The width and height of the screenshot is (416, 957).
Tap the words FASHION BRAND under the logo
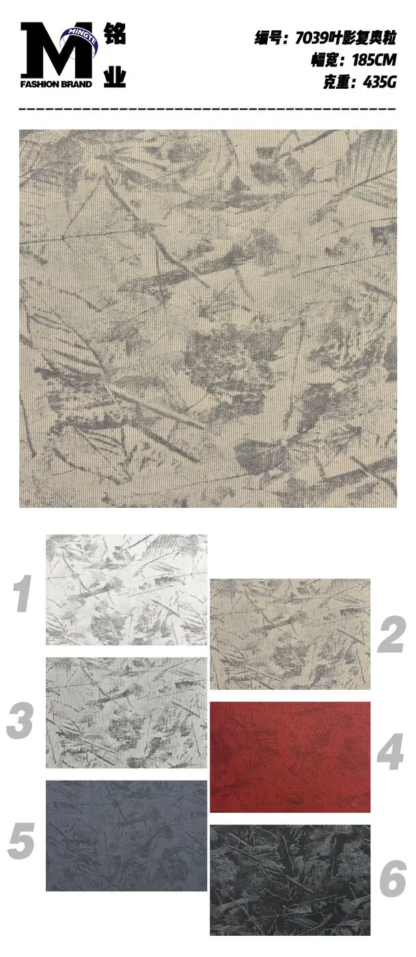pyautogui.click(x=56, y=84)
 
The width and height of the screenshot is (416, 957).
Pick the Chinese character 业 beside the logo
pyautogui.click(x=115, y=76)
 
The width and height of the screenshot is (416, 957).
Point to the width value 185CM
pyautogui.click(x=374, y=60)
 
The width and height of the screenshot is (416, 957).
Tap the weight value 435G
pyautogui.click(x=380, y=81)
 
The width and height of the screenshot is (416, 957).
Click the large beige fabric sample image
pyautogui.click(x=208, y=319)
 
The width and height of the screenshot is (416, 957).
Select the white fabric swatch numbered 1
pyautogui.click(x=126, y=589)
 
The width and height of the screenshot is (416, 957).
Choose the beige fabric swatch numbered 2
pyautogui.click(x=290, y=634)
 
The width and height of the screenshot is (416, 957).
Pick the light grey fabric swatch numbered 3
pyautogui.click(x=126, y=712)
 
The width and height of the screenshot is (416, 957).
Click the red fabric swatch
pyautogui.click(x=290, y=757)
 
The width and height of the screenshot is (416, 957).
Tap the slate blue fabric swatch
pyautogui.click(x=126, y=835)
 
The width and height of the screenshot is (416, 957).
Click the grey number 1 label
pyautogui.click(x=23, y=593)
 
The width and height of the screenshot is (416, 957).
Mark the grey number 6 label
pyautogui.click(x=393, y=878)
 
